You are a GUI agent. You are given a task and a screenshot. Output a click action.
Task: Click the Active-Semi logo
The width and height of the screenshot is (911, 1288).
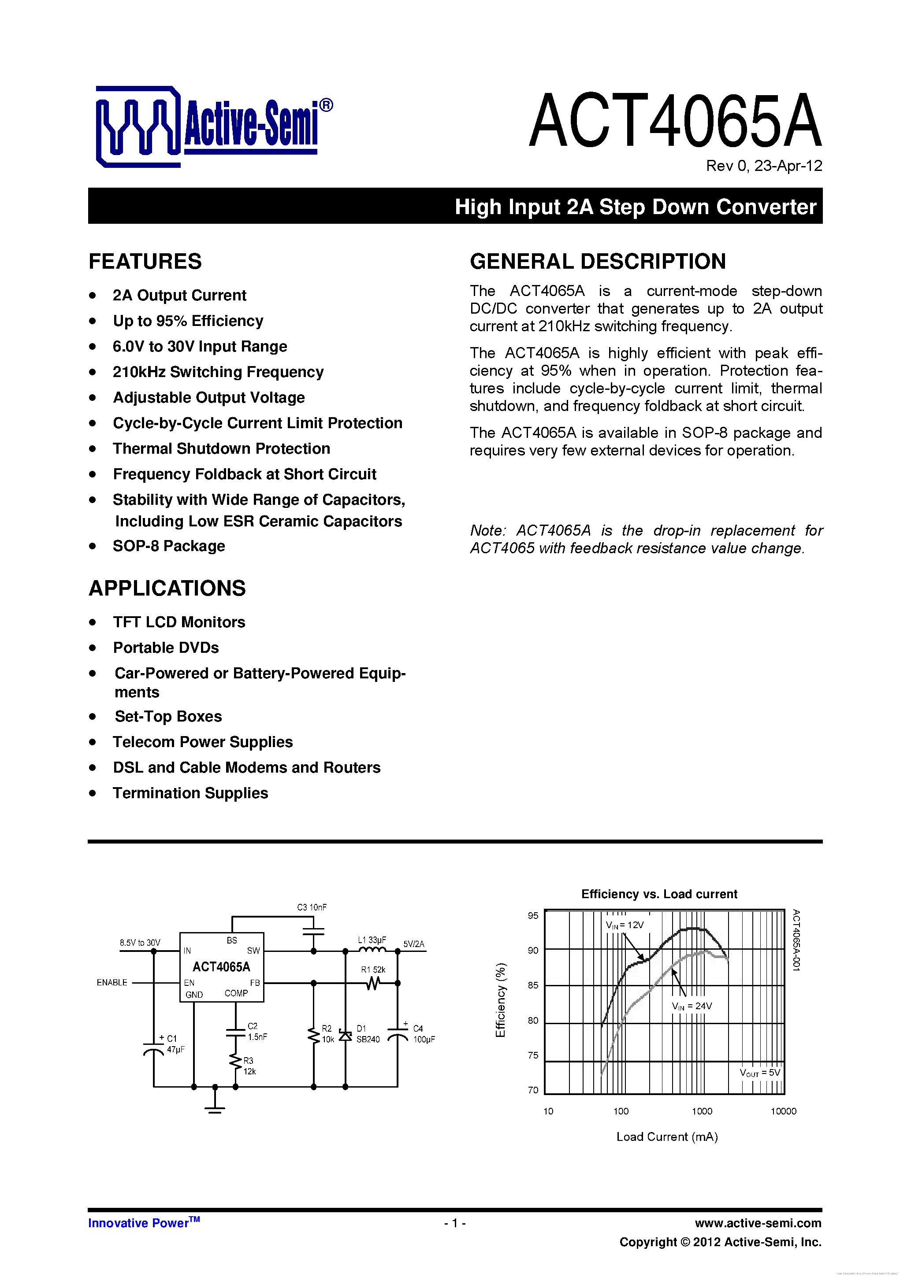[213, 126]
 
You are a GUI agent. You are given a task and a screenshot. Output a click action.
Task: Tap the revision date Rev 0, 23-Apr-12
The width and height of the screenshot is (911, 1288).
[763, 166]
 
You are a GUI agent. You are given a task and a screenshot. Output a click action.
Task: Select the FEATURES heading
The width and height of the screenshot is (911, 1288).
[145, 261]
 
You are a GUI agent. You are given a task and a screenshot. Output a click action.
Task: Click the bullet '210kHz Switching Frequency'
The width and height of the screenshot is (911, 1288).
[218, 372]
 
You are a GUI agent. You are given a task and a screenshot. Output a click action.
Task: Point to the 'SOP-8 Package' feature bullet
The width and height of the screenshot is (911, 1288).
[168, 546]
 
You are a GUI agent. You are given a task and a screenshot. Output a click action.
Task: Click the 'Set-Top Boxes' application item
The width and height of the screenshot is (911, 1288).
[168, 716]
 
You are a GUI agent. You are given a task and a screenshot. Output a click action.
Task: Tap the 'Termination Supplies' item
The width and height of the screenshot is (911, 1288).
[190, 793]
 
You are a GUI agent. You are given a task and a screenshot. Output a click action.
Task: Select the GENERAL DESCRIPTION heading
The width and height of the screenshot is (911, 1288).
[598, 261]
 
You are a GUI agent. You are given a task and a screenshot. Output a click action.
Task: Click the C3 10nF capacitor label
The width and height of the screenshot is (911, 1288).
[312, 907]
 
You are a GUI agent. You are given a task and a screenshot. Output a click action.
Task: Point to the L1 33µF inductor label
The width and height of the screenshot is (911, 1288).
[372, 940]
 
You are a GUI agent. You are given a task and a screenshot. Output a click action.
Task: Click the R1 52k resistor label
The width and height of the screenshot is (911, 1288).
[373, 970]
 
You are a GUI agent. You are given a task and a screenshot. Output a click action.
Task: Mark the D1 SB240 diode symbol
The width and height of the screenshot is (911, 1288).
[345, 1036]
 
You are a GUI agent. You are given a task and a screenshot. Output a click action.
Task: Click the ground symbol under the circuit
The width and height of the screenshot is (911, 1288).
[215, 1107]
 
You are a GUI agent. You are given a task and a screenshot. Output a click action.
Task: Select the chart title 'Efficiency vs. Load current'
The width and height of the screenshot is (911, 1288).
[659, 894]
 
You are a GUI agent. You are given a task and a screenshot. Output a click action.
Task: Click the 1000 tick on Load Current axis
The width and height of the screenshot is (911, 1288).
[702, 1111]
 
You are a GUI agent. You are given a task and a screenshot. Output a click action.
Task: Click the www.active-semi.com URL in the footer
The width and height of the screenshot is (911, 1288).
[758, 1223]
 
